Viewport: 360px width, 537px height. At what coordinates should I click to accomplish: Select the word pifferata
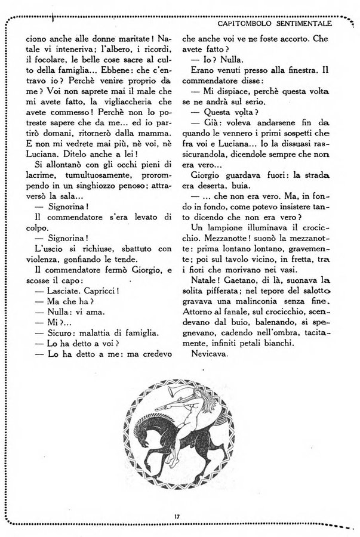[227, 308]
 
